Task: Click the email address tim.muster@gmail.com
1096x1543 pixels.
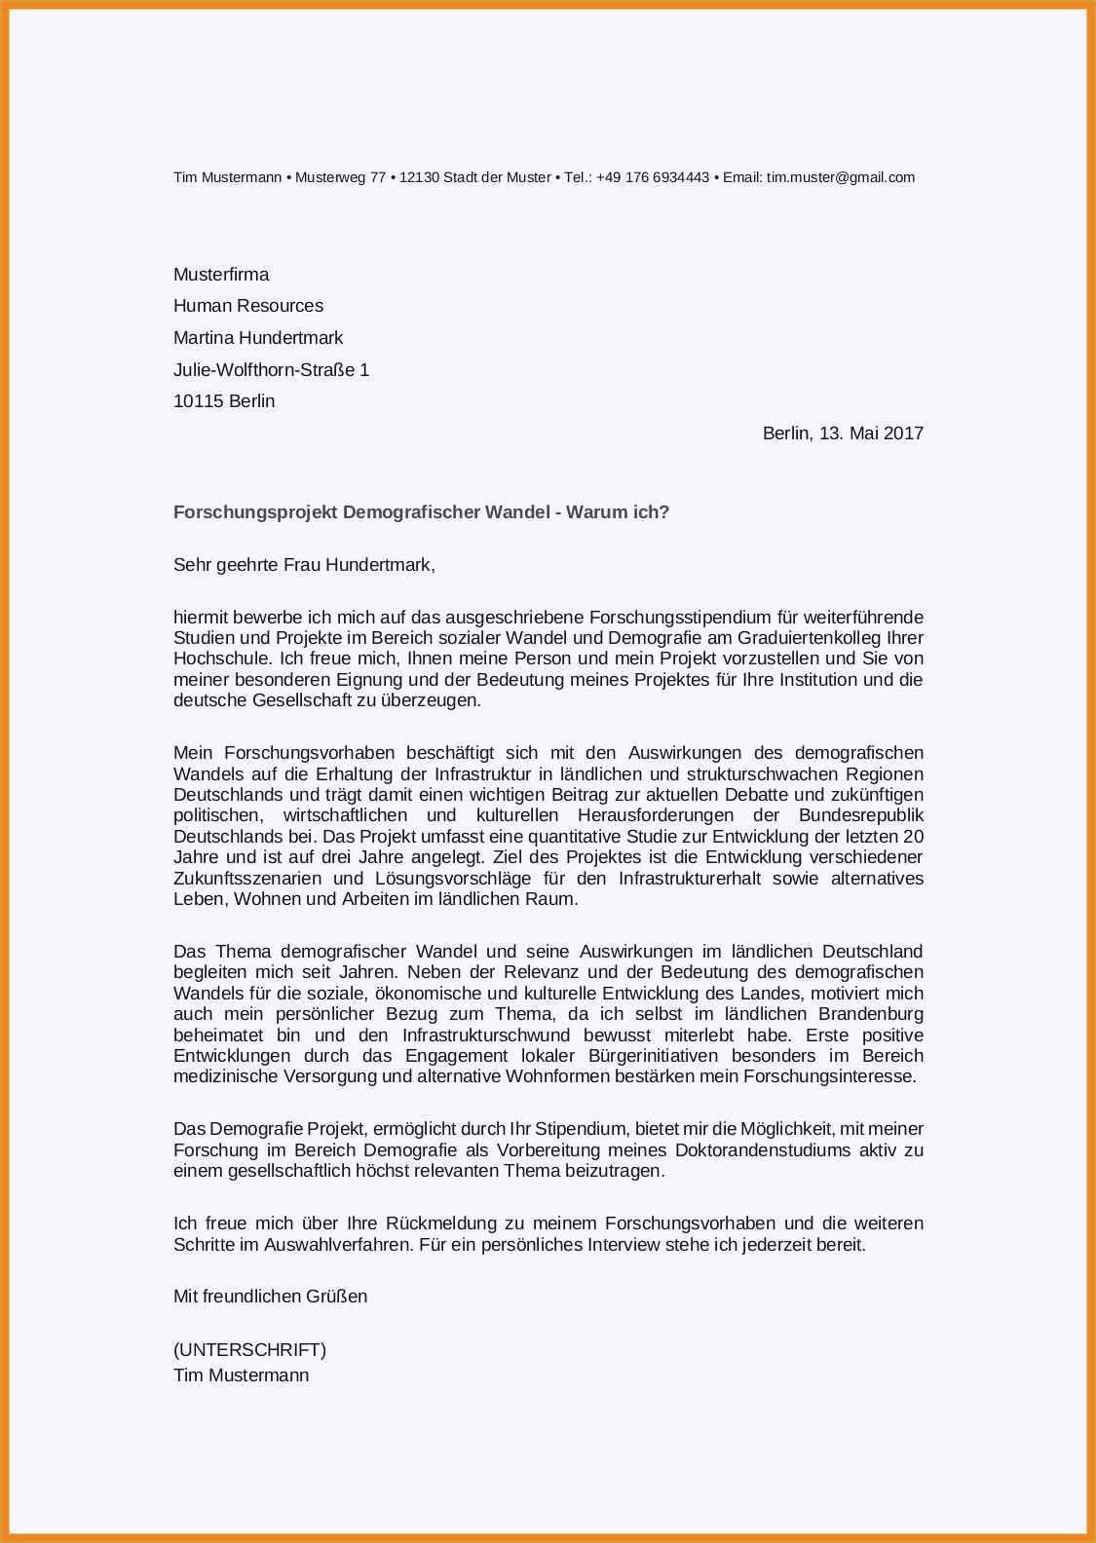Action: (x=841, y=177)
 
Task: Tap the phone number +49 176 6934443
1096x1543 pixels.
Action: (x=653, y=177)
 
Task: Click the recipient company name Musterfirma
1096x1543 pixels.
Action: (x=221, y=275)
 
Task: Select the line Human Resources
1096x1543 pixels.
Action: (x=248, y=306)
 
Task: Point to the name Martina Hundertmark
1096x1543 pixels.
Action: (x=258, y=338)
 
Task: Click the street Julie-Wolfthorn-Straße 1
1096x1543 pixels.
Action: (x=271, y=370)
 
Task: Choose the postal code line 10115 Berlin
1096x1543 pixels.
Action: (x=224, y=401)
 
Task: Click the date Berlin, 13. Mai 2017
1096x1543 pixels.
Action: (x=843, y=433)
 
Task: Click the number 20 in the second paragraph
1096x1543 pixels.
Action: (x=913, y=837)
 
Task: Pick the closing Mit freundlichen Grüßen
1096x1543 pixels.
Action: (x=270, y=1297)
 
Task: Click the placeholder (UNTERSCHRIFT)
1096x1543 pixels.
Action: (x=249, y=1350)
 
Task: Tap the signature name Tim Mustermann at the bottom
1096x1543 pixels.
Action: (x=241, y=1375)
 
